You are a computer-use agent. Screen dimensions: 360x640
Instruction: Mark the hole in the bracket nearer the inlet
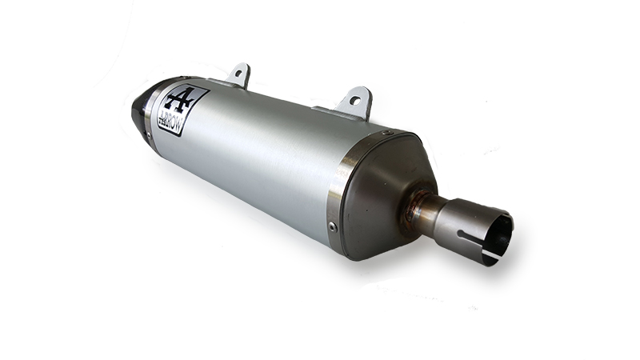click(354, 101)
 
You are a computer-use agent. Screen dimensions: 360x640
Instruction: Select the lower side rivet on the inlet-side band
click(334, 226)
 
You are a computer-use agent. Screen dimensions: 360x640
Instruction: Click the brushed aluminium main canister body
click(256, 160)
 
